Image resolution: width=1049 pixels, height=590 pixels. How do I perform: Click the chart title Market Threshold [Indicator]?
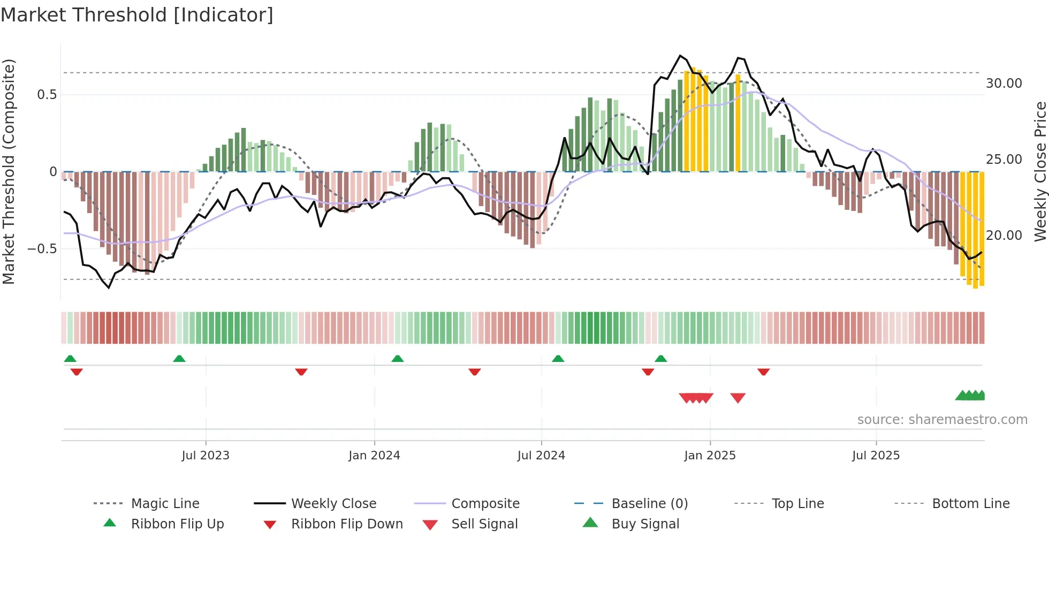(137, 15)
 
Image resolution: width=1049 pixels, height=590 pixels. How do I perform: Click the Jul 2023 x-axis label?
(206, 455)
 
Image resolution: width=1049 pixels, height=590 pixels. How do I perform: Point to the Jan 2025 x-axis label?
(710, 455)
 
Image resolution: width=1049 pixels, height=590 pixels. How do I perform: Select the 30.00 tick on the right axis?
(1004, 84)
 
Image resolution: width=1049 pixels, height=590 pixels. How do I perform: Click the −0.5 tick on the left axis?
(42, 249)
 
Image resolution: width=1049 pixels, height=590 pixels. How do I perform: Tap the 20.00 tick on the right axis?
(1004, 236)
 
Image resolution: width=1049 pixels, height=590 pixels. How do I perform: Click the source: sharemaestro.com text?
(942, 419)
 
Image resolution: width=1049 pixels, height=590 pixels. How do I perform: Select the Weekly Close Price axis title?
(1040, 171)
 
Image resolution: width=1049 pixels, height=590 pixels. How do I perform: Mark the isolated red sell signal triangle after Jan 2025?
(738, 398)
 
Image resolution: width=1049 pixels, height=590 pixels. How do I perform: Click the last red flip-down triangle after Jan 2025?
(763, 372)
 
